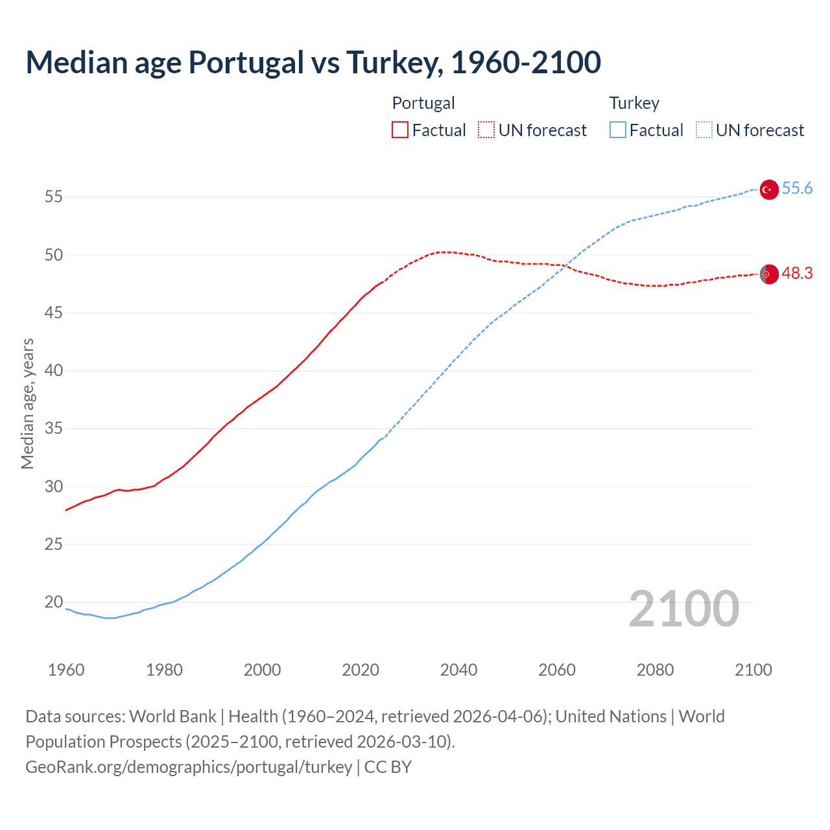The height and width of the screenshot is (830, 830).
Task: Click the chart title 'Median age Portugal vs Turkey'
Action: pos(313,62)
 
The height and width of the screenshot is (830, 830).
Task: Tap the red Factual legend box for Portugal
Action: pos(400,130)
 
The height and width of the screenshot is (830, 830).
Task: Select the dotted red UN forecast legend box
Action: pos(486,130)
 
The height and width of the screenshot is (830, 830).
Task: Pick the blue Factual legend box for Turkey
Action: pos(617,130)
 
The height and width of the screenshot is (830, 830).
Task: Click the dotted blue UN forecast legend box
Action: pos(704,130)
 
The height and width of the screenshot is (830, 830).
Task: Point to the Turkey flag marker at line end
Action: pos(768,189)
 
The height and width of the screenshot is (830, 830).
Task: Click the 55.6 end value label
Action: pos(797,189)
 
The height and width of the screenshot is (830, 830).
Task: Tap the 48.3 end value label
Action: pos(797,274)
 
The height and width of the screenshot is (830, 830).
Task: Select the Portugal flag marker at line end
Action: pos(768,274)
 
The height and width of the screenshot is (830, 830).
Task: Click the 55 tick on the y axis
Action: pos(54,197)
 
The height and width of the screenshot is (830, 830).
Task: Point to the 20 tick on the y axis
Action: pos(54,602)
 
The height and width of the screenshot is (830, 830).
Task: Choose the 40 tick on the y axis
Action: pos(54,371)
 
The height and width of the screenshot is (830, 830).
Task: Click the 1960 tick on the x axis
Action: pos(66,670)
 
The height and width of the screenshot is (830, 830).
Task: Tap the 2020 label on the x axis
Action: pos(361,670)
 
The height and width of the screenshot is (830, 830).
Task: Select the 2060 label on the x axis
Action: pos(557,670)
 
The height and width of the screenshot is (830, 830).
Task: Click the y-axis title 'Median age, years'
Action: pos(27,403)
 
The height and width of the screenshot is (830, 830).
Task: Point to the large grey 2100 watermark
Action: pos(683,609)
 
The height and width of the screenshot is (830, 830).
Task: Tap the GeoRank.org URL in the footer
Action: pos(189,767)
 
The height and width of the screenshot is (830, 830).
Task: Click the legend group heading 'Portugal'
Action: pos(423,103)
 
